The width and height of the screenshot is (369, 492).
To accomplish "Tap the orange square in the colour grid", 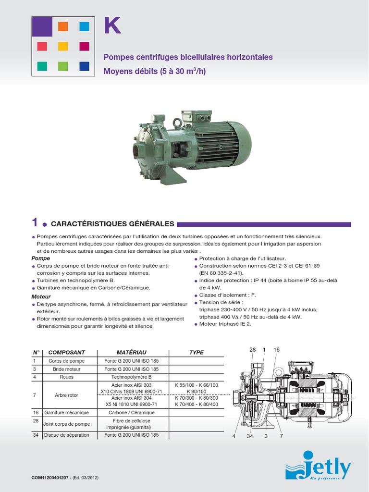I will point(63,26).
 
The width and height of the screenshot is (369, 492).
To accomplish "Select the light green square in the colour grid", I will point(63,66).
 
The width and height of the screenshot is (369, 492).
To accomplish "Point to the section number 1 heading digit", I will point(35,222).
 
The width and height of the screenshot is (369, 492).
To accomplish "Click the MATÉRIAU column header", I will point(131,352).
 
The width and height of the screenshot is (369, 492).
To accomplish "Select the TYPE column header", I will point(196,352).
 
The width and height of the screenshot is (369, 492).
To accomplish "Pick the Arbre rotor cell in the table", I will point(66,395).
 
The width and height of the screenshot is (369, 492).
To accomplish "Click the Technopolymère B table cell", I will point(131,377).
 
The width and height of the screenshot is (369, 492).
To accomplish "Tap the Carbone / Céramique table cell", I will point(131,412).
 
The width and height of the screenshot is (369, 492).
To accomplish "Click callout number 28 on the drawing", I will point(253,350).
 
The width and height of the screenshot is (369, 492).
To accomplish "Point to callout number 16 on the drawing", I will point(276,350).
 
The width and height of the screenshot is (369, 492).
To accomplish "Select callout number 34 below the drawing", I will point(250,436).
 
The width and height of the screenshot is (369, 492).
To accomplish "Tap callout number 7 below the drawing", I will point(282,436).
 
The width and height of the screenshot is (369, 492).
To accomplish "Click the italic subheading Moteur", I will point(41,296).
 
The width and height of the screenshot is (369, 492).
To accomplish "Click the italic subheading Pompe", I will point(40,258).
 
